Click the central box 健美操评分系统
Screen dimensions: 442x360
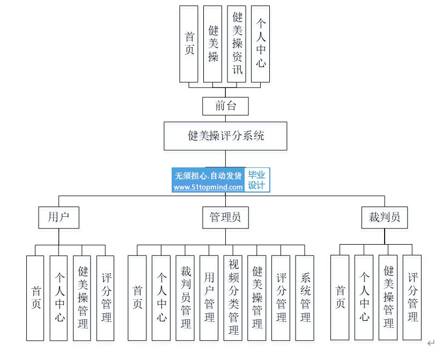point(225,136)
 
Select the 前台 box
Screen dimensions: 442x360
point(225,106)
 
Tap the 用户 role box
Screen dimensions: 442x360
point(58,217)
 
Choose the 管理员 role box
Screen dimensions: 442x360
point(225,217)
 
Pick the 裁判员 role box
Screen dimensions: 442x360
point(385,217)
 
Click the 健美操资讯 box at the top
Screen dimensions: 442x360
point(237,44)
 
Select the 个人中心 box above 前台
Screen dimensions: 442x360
point(261,44)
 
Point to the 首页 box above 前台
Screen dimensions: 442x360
point(189,44)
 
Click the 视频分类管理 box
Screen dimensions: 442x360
point(233,298)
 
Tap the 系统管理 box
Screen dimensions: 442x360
point(305,298)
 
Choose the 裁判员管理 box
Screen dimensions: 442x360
point(185,298)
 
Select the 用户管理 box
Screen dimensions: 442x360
point(209,298)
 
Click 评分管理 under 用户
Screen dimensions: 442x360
point(106,298)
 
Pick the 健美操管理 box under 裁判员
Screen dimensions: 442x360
point(388,297)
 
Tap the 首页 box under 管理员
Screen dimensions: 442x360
point(137,298)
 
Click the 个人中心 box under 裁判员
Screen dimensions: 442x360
point(364,297)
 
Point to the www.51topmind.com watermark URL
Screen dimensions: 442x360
point(208,187)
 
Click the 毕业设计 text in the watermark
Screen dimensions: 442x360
point(256,180)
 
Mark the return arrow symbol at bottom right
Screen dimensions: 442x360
point(431,343)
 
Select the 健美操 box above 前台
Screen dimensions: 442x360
point(212,44)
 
